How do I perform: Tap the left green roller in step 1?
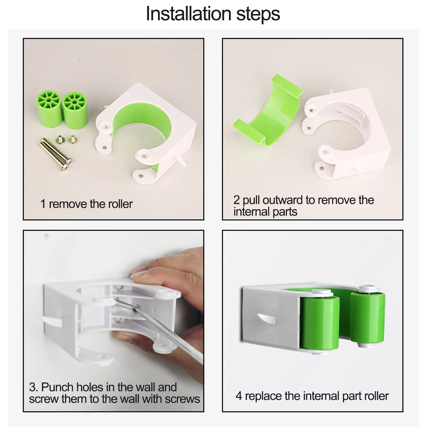pos(50,109)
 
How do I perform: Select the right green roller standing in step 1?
pos(75,110)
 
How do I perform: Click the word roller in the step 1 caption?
pos(120,204)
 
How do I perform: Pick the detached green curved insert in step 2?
pos(268,112)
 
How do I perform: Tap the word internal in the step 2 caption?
pos(251,212)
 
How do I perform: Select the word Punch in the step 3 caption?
pos(57,387)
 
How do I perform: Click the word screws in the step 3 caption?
pos(182,399)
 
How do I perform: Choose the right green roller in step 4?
pos(368,317)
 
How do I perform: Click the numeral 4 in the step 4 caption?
pos(239,396)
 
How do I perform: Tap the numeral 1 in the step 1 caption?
pos(43,204)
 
